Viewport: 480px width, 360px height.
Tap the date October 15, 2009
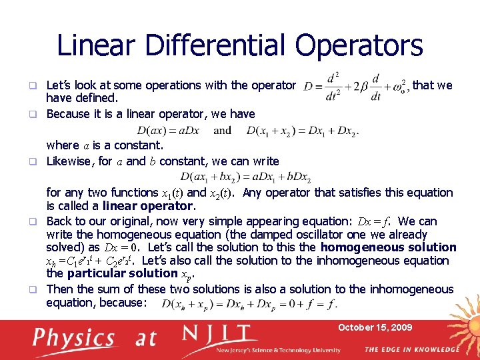pyautogui.click(x=375, y=327)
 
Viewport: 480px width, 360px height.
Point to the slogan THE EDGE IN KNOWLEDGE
pyautogui.click(x=411, y=349)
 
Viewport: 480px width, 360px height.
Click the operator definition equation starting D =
pyautogui.click(x=355, y=87)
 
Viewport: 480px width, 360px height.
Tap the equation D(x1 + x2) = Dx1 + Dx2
pyautogui.click(x=301, y=131)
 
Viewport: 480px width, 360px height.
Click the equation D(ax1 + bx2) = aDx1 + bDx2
pyautogui.click(x=245, y=177)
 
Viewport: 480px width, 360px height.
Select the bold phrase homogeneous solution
pyautogui.click(x=388, y=247)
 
